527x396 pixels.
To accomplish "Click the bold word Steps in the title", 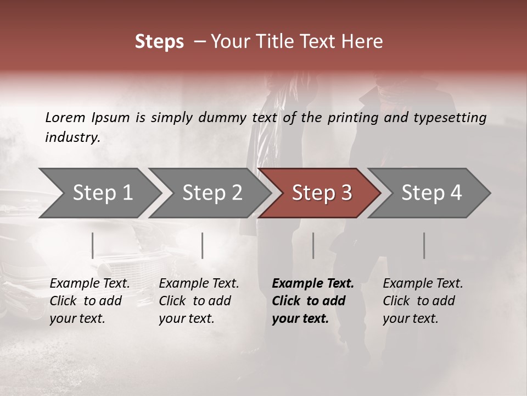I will (159, 42).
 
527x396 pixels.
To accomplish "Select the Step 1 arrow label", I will (103, 193).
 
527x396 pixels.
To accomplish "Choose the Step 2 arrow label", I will (212, 193).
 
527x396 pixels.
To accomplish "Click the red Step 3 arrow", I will (322, 193).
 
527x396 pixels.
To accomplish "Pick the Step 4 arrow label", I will (431, 193).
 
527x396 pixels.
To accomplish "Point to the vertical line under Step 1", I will (93, 245).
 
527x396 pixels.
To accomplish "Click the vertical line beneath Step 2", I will (203, 245).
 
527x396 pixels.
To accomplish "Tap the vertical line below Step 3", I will (313, 245).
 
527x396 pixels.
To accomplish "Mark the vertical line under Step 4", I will (424, 245).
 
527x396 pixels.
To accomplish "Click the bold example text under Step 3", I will (313, 301).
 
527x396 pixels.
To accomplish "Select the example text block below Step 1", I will (89, 301).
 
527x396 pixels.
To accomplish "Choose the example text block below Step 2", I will (199, 301).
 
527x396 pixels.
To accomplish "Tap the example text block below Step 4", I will (423, 301).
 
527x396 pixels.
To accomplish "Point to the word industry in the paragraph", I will (72, 137).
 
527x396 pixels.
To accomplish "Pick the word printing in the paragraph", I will (352, 118).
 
